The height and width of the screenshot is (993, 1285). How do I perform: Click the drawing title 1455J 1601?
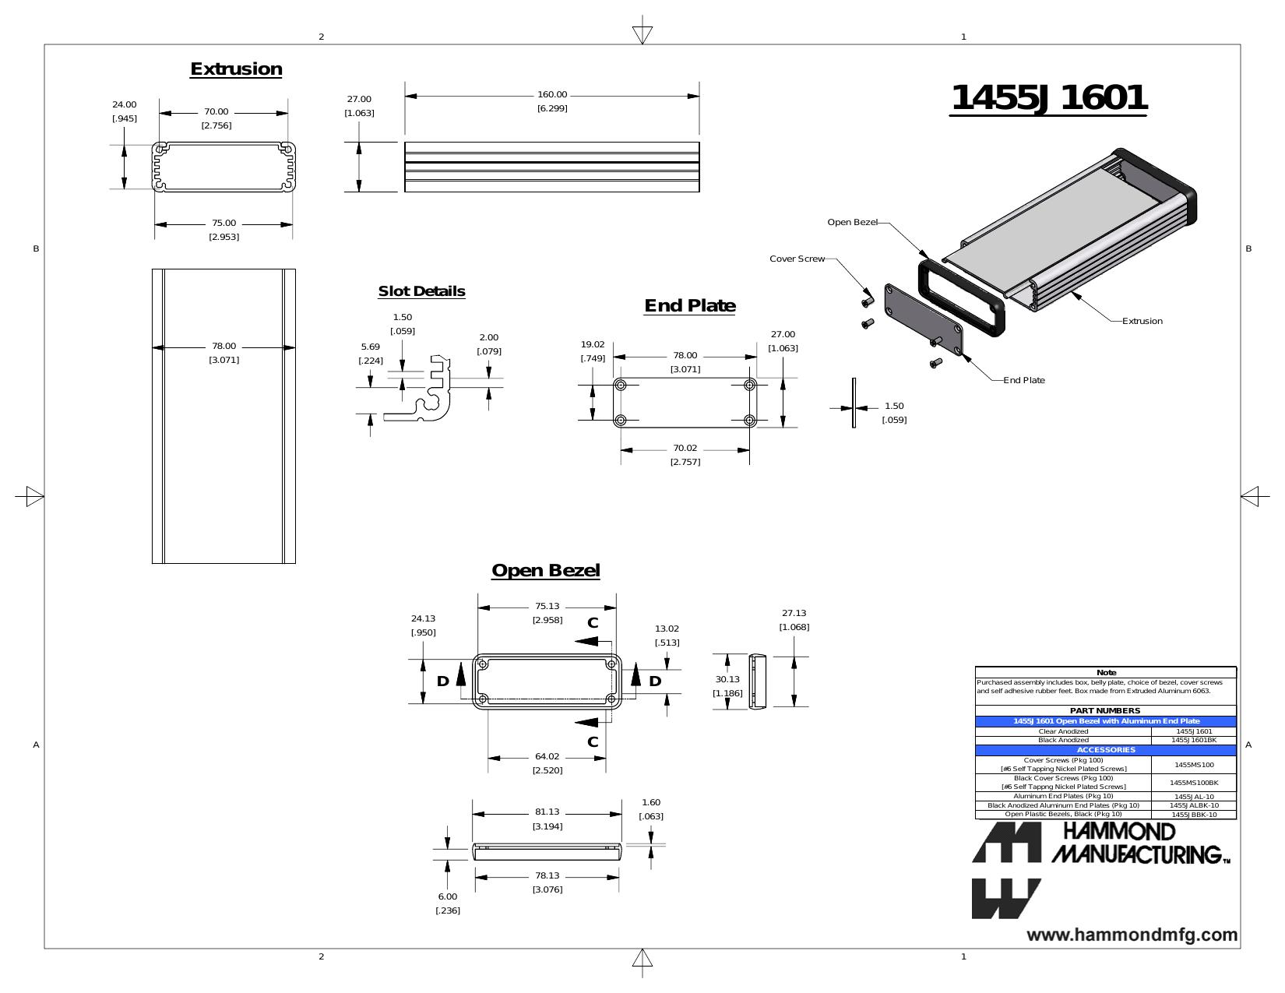click(1048, 97)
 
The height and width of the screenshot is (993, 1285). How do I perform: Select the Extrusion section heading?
click(236, 69)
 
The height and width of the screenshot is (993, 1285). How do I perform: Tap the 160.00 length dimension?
click(551, 95)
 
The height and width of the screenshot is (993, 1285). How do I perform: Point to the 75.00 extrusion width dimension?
click(224, 223)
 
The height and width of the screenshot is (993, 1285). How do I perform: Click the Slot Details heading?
click(421, 291)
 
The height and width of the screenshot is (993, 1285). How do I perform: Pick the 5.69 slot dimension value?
click(370, 347)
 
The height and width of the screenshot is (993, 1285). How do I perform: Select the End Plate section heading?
click(689, 306)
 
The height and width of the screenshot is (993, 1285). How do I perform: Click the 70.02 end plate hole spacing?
click(685, 449)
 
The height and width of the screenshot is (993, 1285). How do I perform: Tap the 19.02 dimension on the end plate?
click(593, 344)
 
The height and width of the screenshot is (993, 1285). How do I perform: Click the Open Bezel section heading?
click(545, 570)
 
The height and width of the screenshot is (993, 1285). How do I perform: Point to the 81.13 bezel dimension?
click(547, 812)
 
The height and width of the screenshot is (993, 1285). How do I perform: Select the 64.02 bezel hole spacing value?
click(547, 756)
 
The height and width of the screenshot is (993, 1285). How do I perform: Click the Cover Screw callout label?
click(797, 259)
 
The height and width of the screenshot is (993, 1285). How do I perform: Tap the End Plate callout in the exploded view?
click(1023, 380)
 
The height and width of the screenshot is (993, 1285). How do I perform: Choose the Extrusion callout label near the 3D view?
click(1142, 321)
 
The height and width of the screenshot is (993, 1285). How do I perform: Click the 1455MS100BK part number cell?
click(1193, 783)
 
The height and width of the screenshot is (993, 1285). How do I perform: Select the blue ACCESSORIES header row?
click(1105, 750)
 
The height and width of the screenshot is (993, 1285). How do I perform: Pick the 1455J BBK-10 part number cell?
click(1193, 815)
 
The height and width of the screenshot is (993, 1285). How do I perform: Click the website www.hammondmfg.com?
click(1132, 935)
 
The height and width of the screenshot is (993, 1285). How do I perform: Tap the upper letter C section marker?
click(593, 623)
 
